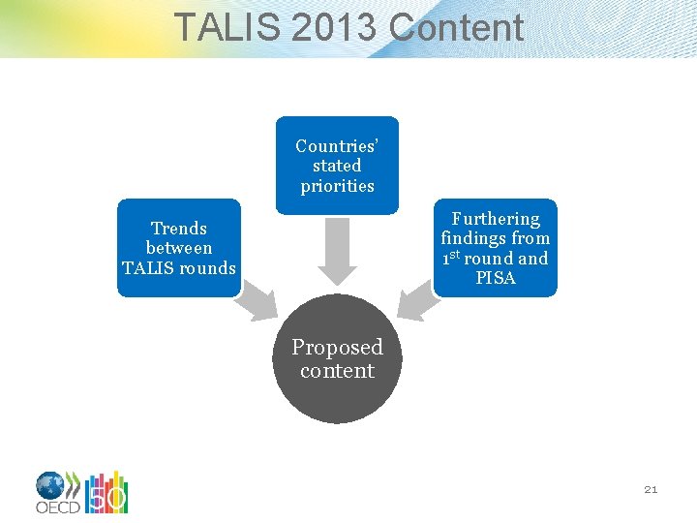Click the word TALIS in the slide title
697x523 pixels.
(x=226, y=27)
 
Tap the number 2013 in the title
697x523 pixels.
(x=333, y=27)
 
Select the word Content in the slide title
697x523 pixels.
(x=456, y=27)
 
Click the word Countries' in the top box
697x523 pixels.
(x=337, y=146)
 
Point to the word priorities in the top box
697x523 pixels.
(x=337, y=186)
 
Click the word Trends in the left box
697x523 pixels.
(x=179, y=229)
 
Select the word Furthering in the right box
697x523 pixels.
(x=496, y=219)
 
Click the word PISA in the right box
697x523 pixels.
(x=496, y=278)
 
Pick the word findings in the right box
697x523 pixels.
(x=476, y=238)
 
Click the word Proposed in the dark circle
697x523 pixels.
(x=337, y=347)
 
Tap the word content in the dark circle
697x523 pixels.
(x=337, y=370)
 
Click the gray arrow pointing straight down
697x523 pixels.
(x=337, y=250)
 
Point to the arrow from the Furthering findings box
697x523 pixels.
(x=418, y=301)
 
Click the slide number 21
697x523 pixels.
(x=651, y=490)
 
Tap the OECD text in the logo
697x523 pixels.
(x=57, y=507)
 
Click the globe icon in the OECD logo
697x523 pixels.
(x=50, y=485)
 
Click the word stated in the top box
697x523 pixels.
(x=337, y=166)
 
